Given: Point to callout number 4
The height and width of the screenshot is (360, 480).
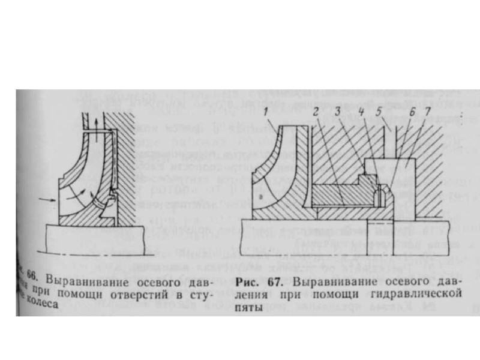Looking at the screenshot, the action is [362, 112].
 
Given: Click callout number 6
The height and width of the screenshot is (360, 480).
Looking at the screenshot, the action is [411, 112].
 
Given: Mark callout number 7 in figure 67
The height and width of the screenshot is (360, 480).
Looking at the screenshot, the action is [426, 112].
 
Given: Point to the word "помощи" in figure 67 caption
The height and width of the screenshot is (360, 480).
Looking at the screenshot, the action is [328, 295].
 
